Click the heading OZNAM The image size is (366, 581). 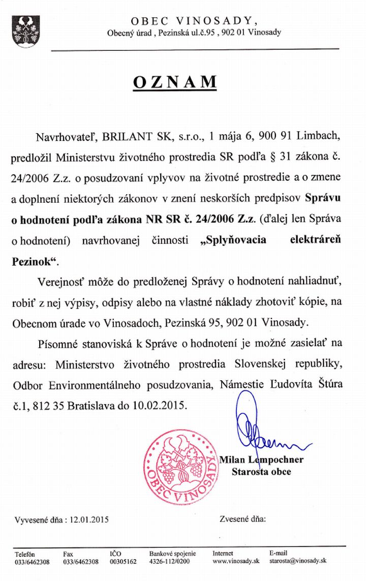pyautogui.click(x=175, y=82)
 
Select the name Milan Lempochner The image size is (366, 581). pyautogui.click(x=261, y=460)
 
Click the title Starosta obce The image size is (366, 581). pyautogui.click(x=261, y=472)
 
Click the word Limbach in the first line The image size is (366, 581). pyautogui.click(x=330, y=137)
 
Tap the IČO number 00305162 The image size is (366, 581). pyautogui.click(x=123, y=562)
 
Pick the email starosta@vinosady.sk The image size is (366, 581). pyautogui.click(x=298, y=562)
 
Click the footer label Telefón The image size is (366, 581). pyautogui.click(x=24, y=554)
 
